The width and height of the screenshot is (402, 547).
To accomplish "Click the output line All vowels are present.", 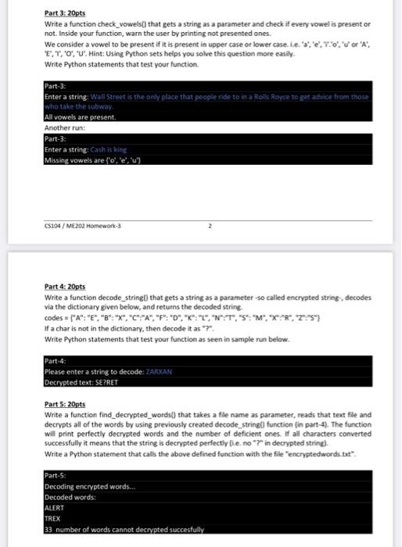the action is [x=81, y=116].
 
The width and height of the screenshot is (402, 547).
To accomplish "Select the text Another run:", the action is [x=63, y=126].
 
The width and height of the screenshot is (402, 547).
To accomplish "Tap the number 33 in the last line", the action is [x=48, y=529].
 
